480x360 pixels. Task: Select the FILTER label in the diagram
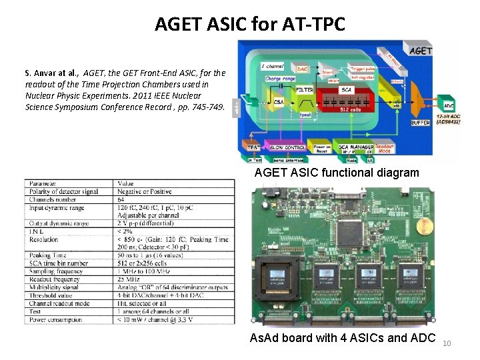pos(305,89)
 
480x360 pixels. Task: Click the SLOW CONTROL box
pos(288,147)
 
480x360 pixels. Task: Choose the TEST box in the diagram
pos(253,147)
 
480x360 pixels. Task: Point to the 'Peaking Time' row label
pos(47,255)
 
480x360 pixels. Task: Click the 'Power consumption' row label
pos(57,319)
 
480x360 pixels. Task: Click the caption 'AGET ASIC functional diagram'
pos(337,173)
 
